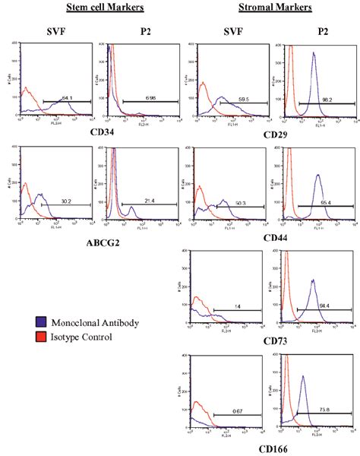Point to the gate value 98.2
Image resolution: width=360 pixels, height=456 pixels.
point(329,100)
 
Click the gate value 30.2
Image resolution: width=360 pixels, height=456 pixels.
point(67,201)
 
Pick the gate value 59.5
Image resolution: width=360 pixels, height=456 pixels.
point(243,99)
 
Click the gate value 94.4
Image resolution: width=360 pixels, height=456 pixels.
point(324,306)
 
